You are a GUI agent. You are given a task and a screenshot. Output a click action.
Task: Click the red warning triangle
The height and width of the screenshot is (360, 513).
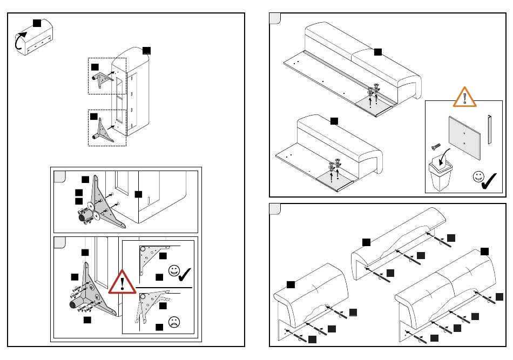tap(124, 282)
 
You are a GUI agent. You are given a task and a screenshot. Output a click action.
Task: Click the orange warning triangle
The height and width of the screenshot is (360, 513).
tap(464, 97)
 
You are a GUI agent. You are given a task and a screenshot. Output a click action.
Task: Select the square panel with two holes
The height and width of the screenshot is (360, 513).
tap(464, 137)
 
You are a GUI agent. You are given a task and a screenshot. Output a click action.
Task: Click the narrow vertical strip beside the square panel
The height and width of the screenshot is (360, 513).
tap(489, 130)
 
